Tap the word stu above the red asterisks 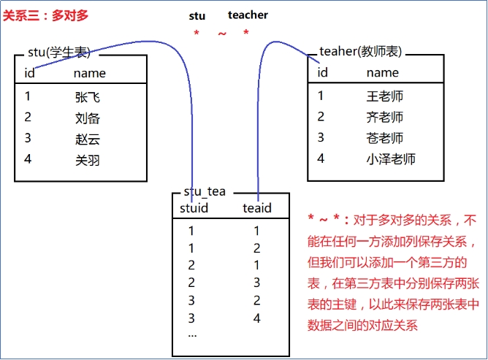197,15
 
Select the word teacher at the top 248,15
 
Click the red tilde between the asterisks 221,33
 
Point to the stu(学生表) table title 59,53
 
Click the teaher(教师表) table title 361,53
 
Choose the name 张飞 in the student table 87,96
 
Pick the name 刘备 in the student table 87,118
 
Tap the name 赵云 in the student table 87,139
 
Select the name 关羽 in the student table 87,159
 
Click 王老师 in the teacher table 384,96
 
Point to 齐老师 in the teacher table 384,117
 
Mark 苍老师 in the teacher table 384,138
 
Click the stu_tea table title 205,192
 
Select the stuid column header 194,209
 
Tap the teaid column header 256,209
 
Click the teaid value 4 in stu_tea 256,318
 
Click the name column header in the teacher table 382,72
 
